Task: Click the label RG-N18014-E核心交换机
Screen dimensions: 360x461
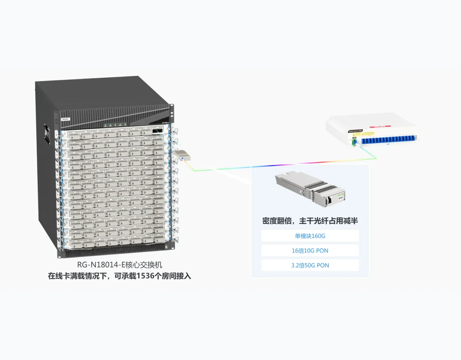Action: point(120,265)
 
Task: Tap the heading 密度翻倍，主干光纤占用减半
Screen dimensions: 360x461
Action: point(310,221)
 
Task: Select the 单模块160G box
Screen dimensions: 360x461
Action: point(310,236)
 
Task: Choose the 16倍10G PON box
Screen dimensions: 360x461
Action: point(310,251)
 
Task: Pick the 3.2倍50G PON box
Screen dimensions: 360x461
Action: point(310,266)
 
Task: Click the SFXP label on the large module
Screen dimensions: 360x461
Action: point(340,198)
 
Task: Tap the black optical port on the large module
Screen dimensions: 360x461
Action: point(329,200)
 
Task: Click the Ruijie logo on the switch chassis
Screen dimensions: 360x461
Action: point(65,118)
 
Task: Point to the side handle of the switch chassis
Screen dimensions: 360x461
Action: point(47,134)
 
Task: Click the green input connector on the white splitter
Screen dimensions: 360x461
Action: point(354,142)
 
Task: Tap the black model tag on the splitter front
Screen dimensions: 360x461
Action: point(355,131)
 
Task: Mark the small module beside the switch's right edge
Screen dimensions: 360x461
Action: point(182,156)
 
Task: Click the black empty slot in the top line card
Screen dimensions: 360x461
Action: point(157,131)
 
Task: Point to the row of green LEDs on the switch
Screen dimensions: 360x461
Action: point(115,125)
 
